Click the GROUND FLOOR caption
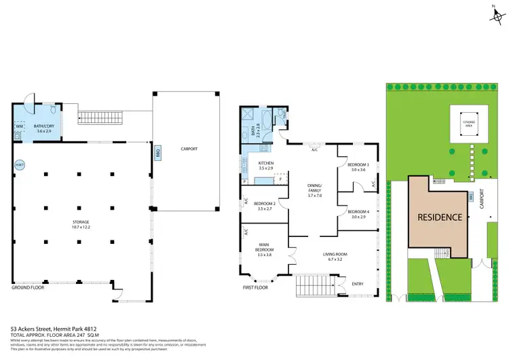(29, 287)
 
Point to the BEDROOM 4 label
(358, 213)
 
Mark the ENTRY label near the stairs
(358, 284)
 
